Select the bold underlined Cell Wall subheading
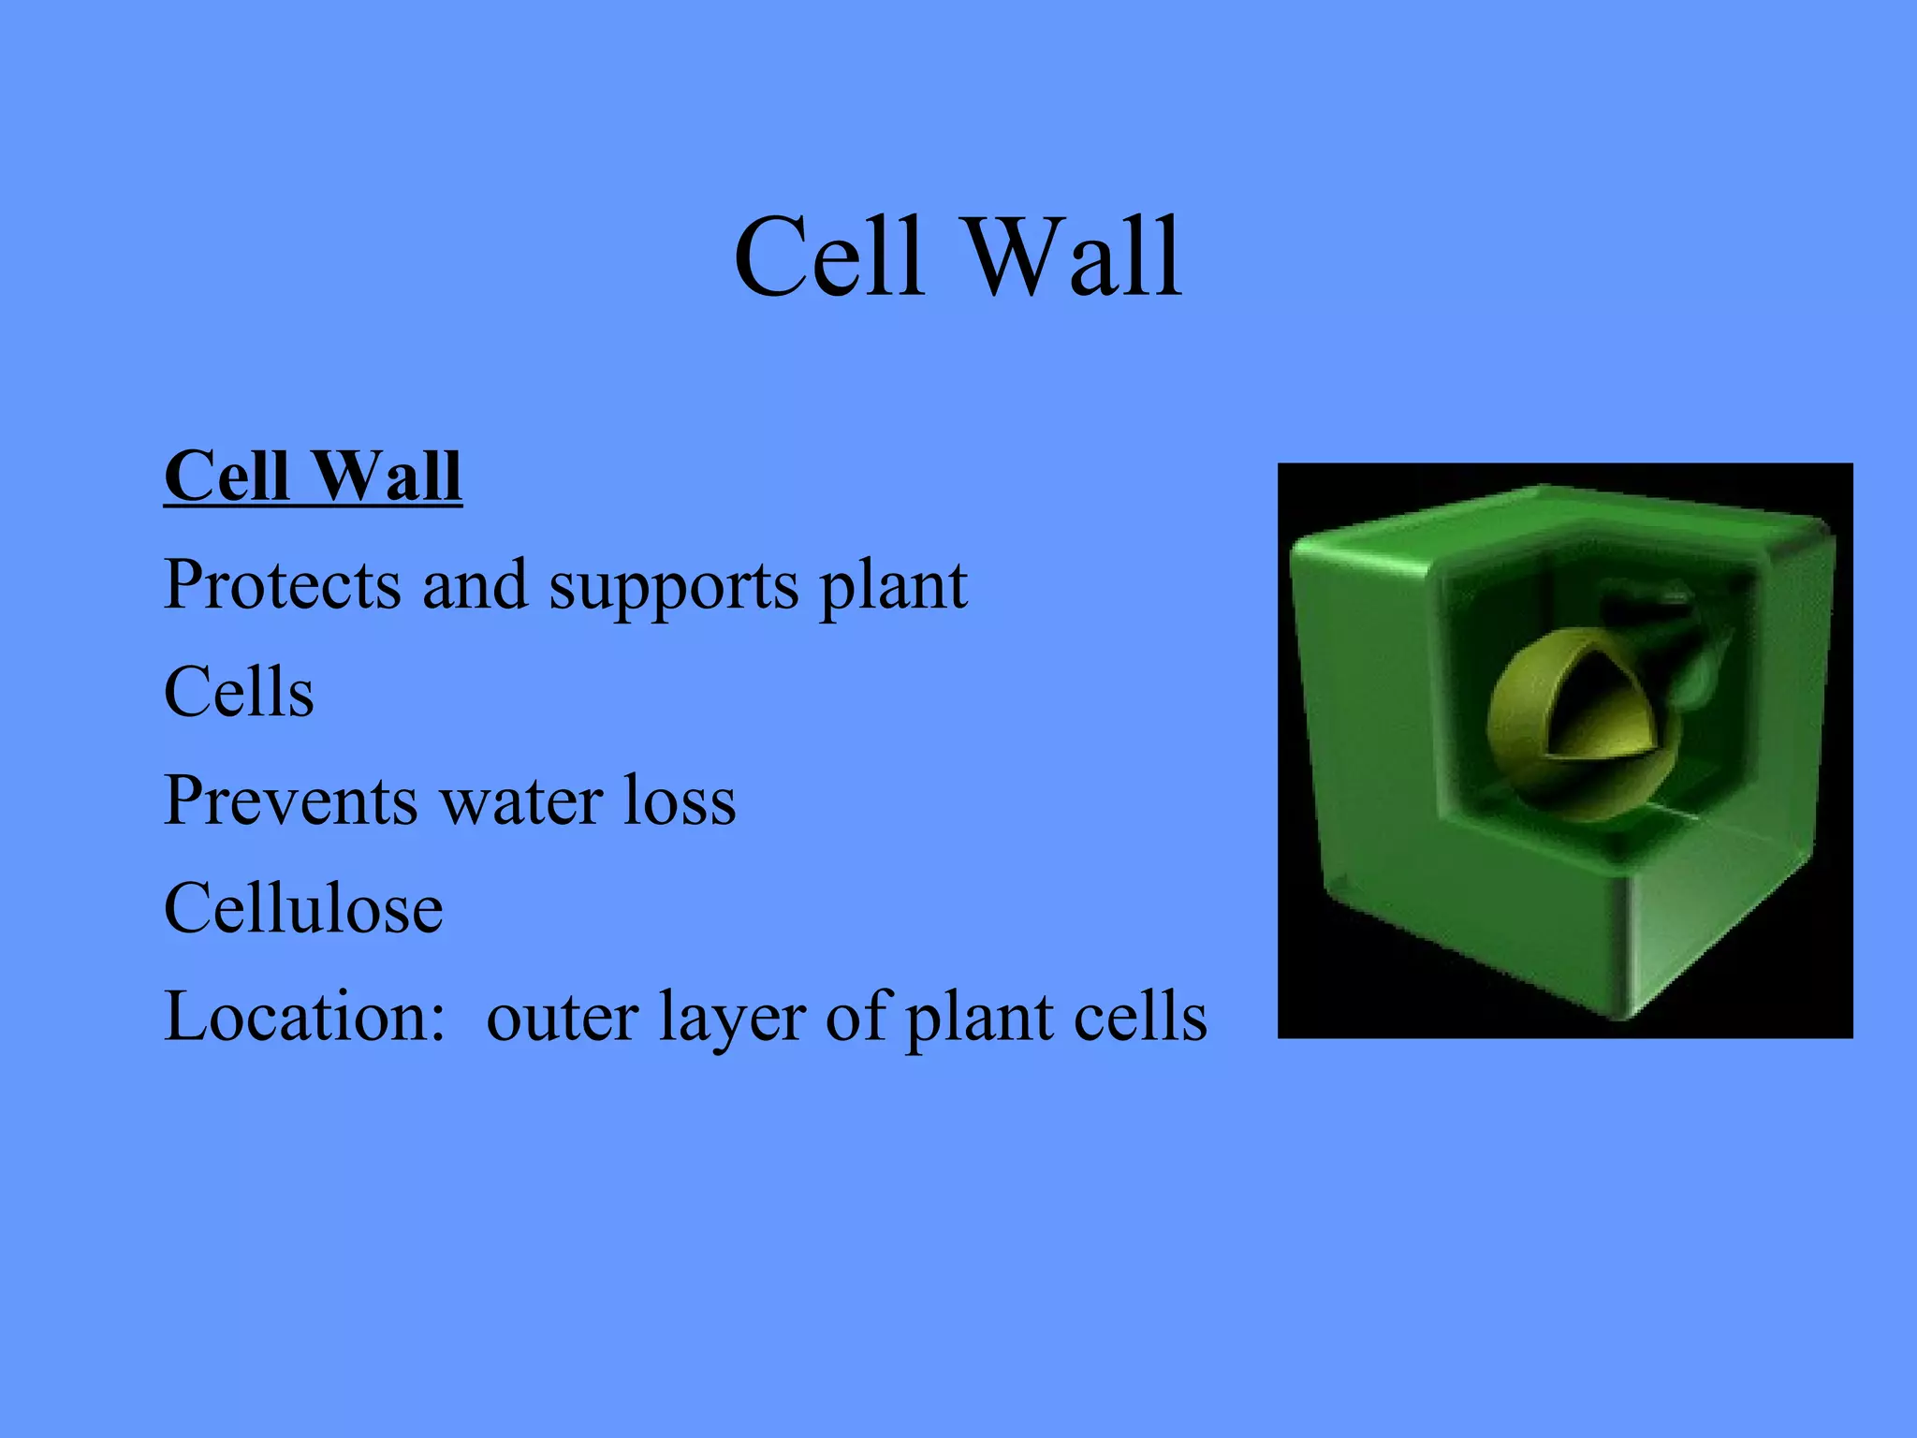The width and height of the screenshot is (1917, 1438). click(x=313, y=476)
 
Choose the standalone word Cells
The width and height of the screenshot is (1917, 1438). click(x=239, y=693)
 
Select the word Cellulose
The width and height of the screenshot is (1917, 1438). click(x=303, y=909)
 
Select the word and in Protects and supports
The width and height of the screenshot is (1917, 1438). click(x=475, y=585)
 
